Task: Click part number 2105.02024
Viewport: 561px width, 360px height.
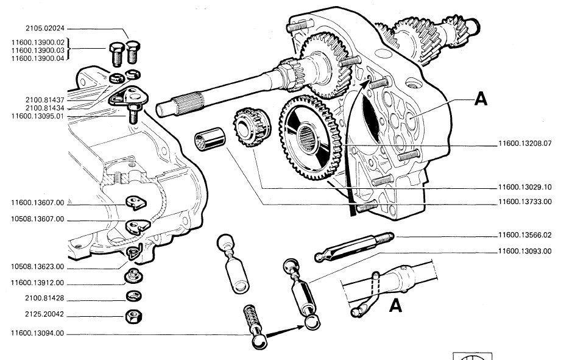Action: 44,28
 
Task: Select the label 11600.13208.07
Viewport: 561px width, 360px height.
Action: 525,144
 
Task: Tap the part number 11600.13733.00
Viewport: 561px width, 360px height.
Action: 525,202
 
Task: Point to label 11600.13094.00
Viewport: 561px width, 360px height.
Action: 37,333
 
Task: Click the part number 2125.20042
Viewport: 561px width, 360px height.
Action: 44,314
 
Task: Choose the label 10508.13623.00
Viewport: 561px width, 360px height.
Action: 37,267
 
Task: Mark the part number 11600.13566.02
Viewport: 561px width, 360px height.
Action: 525,235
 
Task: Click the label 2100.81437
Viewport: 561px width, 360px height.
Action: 44,100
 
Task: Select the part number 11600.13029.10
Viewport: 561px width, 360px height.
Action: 525,187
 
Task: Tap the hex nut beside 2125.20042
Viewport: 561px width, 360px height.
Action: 134,316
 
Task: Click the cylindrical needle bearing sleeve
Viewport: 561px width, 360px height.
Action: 210,139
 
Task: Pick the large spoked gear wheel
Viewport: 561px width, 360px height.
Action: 310,138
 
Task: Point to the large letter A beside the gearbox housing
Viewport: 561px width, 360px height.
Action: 481,99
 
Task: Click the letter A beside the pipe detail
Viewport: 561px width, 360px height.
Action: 395,306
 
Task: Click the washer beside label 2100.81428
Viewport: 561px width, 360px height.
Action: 134,296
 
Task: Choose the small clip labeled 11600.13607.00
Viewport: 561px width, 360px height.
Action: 136,203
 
